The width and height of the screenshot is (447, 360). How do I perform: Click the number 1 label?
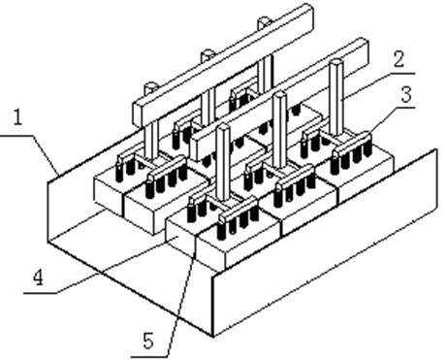pos(18,117)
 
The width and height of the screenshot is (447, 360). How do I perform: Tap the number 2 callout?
pos(399,59)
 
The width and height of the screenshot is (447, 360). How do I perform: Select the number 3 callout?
pos(406,94)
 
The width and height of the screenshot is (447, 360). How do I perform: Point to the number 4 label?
pos(38,278)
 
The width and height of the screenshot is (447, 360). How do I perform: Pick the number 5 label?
pos(148,342)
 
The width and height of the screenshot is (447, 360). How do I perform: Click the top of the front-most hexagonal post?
pos(223,128)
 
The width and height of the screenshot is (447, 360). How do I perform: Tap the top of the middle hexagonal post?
pos(279,96)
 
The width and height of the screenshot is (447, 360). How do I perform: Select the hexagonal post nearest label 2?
pos(336,97)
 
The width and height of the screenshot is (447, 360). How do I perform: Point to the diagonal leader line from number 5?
pos(183,300)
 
